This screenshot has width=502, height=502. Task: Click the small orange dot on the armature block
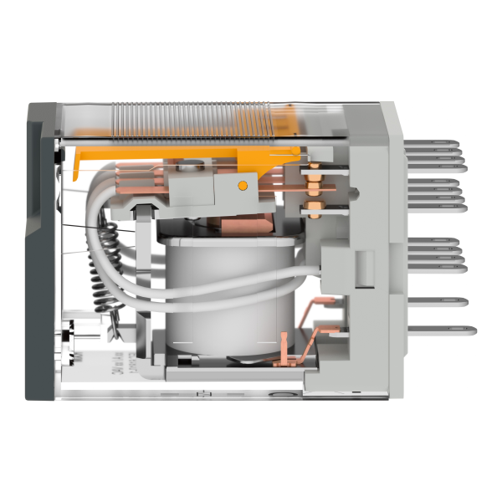coord(243,185)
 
